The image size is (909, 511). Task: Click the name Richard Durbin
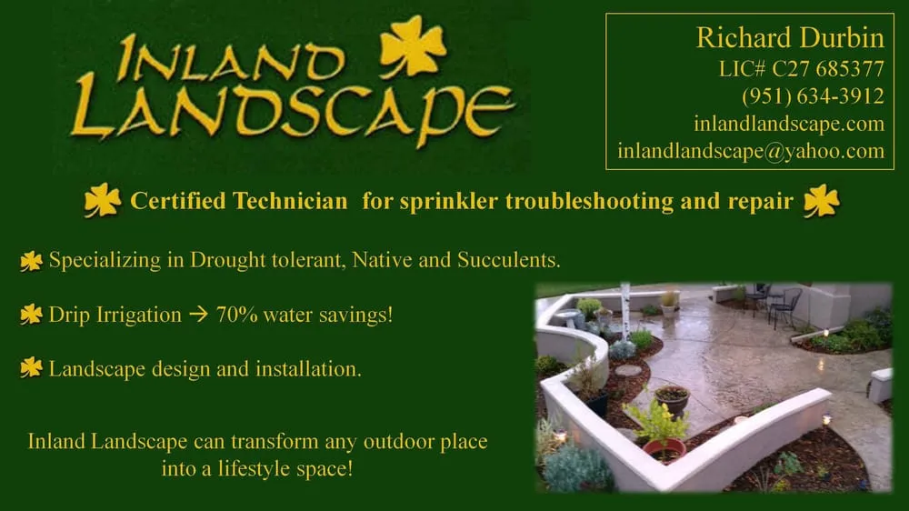[790, 38]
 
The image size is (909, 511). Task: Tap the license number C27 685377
[827, 68]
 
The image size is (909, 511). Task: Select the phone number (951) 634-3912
[813, 95]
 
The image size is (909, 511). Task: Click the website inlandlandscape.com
[789, 124]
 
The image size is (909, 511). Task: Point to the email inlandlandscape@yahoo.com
[751, 151]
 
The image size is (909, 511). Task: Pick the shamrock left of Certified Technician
[102, 200]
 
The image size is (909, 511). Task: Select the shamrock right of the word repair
[821, 200]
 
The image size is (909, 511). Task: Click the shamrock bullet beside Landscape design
[31, 368]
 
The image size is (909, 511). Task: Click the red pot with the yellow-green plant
[664, 448]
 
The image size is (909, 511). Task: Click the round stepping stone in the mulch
[627, 370]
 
